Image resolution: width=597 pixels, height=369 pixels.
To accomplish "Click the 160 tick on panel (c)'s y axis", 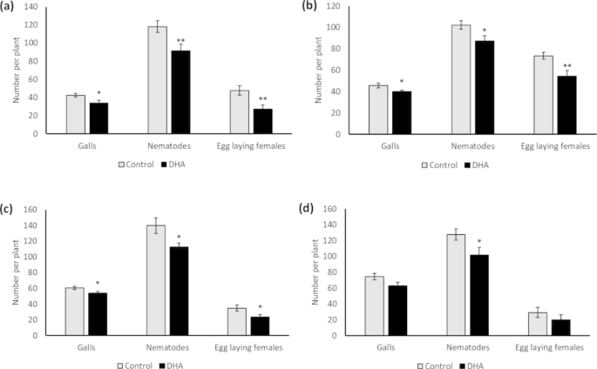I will click(x=34, y=210).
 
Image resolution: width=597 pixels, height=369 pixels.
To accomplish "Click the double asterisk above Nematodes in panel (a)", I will click(x=181, y=40).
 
